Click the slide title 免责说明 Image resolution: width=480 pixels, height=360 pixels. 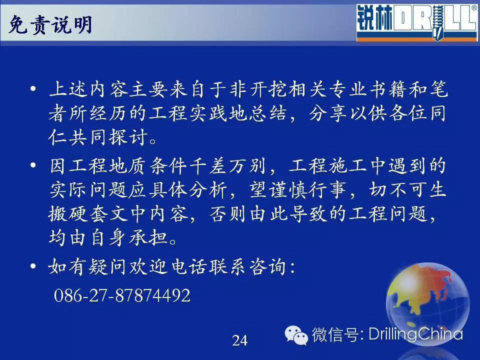[50, 24]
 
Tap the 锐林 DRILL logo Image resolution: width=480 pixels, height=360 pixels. [417, 22]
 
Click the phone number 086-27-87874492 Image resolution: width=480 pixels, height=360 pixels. [122, 295]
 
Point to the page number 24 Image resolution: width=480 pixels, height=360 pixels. [239, 340]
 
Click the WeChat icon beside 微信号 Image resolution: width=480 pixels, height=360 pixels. [296, 335]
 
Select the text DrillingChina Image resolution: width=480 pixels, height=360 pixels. [415, 333]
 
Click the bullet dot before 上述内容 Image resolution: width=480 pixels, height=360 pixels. [33, 89]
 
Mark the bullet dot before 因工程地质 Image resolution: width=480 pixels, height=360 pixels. [33, 165]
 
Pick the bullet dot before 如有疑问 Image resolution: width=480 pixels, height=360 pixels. [33, 266]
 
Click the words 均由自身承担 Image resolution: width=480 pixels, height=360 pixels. [108, 237]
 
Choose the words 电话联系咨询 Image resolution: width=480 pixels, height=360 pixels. [228, 266]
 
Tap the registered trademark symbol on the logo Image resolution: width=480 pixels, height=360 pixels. [474, 8]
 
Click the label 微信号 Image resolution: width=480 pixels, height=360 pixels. [336, 334]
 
